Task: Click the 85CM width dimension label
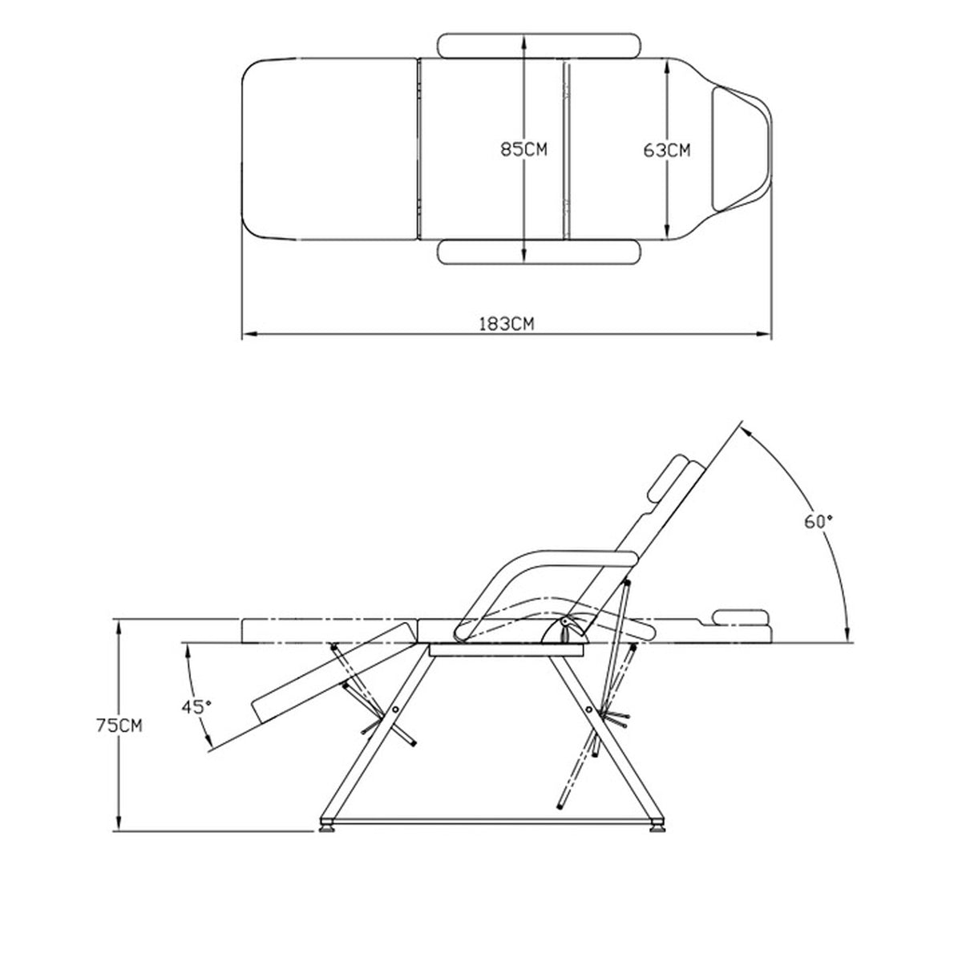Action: [x=523, y=149]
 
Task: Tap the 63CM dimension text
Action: [x=666, y=150]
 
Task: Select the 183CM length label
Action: [x=506, y=324]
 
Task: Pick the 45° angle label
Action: [x=196, y=706]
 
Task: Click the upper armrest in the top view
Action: [x=539, y=46]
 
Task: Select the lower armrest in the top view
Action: [x=539, y=252]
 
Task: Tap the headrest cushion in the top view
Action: [x=739, y=149]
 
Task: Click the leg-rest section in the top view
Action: [x=329, y=149]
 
